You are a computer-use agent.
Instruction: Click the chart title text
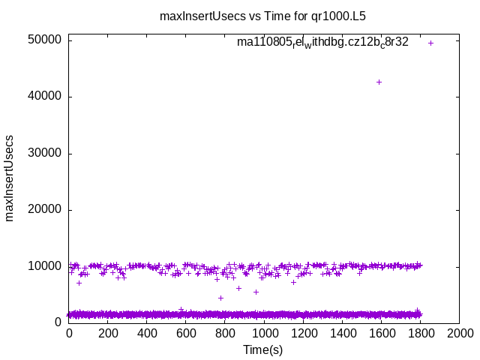pyautogui.click(x=262, y=15)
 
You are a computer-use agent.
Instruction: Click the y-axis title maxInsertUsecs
pyautogui.click(x=10, y=178)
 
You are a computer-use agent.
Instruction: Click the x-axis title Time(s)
pyautogui.click(x=262, y=349)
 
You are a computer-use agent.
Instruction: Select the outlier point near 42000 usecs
pyautogui.click(x=379, y=82)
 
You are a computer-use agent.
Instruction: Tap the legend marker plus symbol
pyautogui.click(x=430, y=43)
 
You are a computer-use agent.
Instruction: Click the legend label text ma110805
pyautogui.click(x=322, y=42)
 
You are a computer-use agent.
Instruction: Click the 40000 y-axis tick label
pyautogui.click(x=46, y=97)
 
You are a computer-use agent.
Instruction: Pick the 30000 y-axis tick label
pyautogui.click(x=46, y=153)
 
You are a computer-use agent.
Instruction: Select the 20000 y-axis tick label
pyautogui.click(x=46, y=210)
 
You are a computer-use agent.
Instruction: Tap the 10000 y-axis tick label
pyautogui.click(x=46, y=266)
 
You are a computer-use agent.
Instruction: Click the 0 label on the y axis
pyautogui.click(x=58, y=322)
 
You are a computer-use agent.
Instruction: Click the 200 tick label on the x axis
pyautogui.click(x=108, y=334)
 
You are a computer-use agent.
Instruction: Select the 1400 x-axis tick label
pyautogui.click(x=342, y=334)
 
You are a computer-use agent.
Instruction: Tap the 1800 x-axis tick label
pyautogui.click(x=420, y=334)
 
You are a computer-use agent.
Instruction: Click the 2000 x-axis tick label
pyautogui.click(x=459, y=334)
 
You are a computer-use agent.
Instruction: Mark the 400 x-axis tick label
pyautogui.click(x=147, y=334)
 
